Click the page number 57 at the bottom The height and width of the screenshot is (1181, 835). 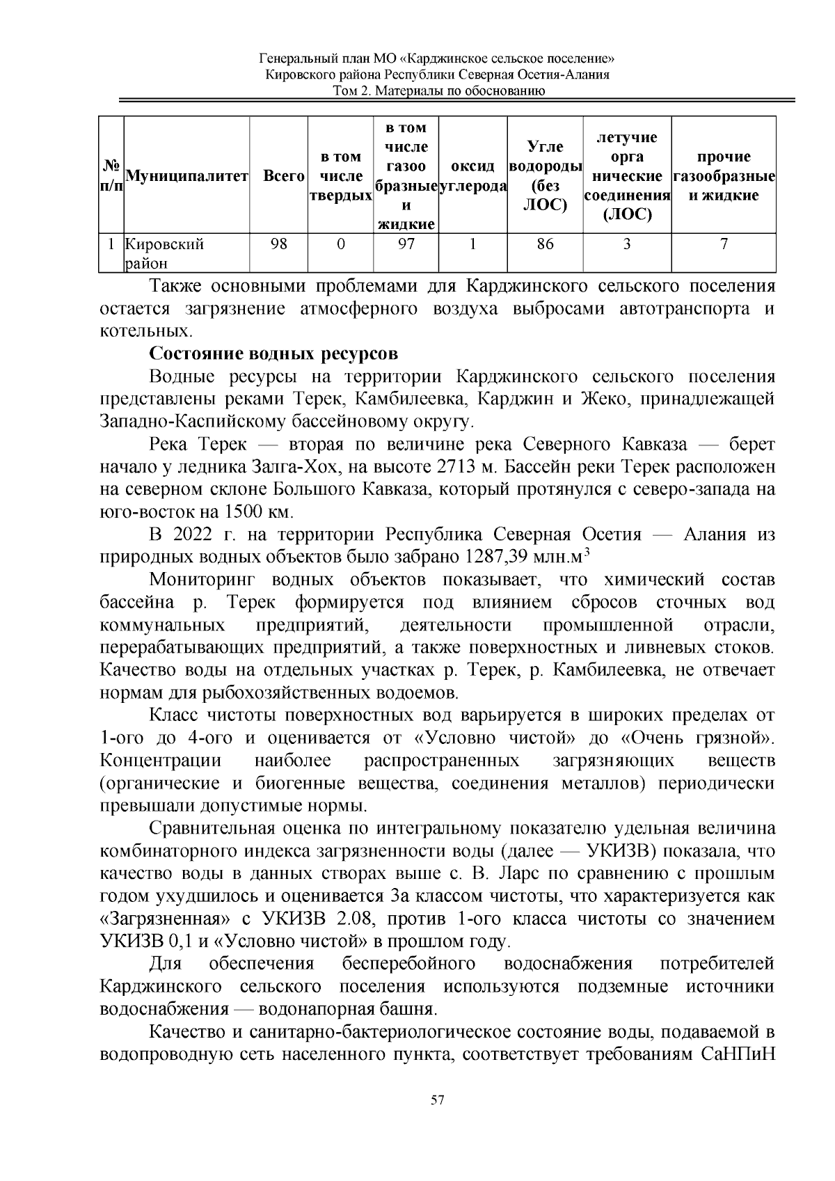coord(438,1100)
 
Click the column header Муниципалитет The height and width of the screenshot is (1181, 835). coord(186,176)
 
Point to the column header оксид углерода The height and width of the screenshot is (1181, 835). coord(473,176)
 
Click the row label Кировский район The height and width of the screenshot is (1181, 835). coord(164,253)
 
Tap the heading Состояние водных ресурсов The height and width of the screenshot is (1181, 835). coord(273,354)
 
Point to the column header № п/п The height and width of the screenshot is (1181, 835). coord(111,176)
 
